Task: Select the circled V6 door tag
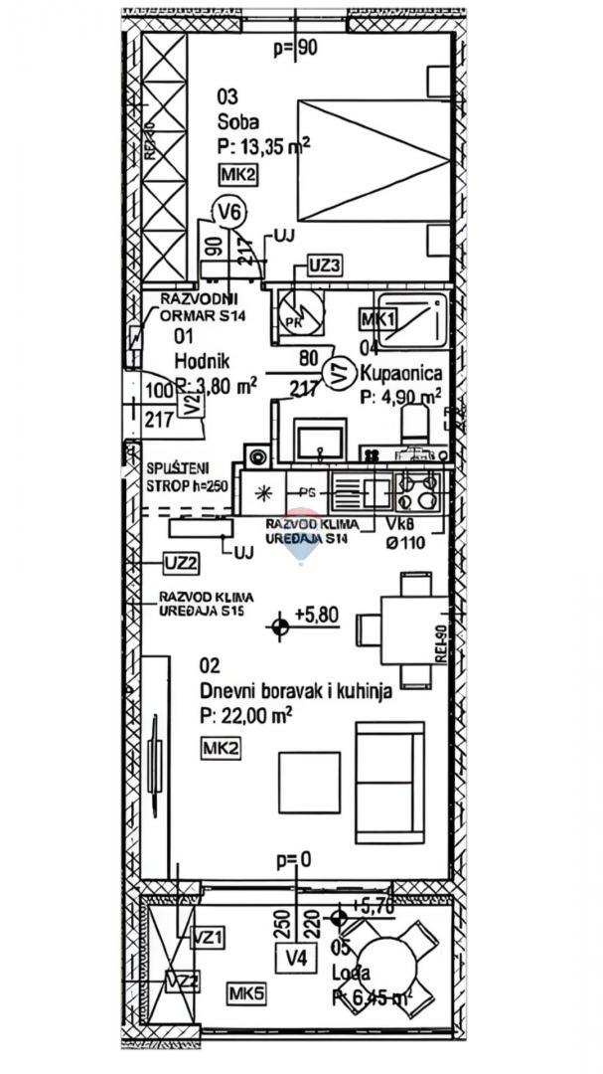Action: [x=229, y=211]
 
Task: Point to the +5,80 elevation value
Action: [x=317, y=615]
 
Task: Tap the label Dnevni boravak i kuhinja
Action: [x=294, y=691]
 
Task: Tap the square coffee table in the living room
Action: [x=309, y=782]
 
